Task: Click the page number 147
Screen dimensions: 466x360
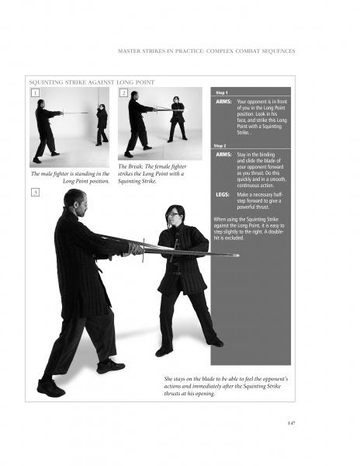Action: tap(292, 423)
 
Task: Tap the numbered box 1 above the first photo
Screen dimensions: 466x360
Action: tap(36, 93)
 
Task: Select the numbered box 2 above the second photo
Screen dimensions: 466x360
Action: tap(124, 93)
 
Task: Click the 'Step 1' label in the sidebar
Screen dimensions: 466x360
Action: tap(221, 91)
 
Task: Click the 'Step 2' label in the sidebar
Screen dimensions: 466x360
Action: tap(221, 145)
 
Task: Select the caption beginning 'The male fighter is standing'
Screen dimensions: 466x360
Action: tap(69, 177)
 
